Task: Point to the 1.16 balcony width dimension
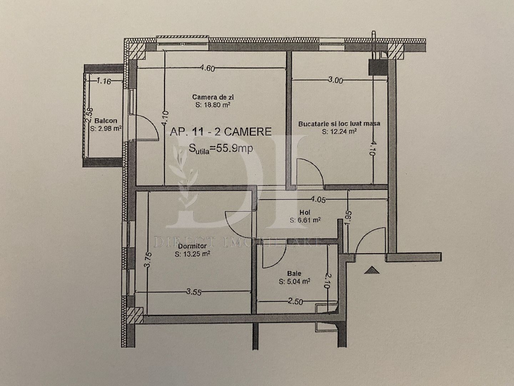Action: (104, 81)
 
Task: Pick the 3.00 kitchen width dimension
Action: (336, 80)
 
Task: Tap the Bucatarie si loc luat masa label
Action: (339, 124)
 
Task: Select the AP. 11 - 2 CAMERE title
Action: (221, 132)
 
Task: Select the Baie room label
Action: (294, 273)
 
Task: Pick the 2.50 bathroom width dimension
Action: (295, 302)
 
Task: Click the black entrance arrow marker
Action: (372, 270)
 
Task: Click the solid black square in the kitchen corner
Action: (378, 67)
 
